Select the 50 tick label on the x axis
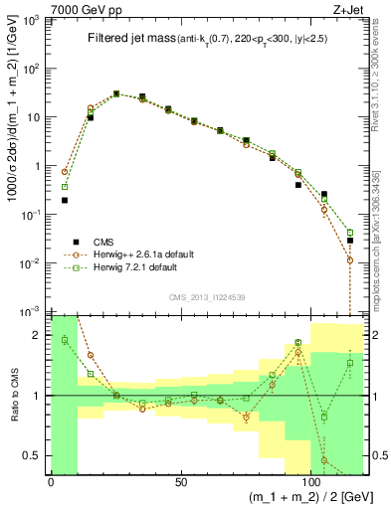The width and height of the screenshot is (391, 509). click(x=181, y=481)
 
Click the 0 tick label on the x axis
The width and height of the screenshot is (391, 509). click(x=51, y=481)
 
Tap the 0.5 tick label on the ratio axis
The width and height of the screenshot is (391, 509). click(x=36, y=456)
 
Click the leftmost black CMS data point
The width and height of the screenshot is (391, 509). click(x=64, y=200)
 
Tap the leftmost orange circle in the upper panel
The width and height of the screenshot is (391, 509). click(x=64, y=172)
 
